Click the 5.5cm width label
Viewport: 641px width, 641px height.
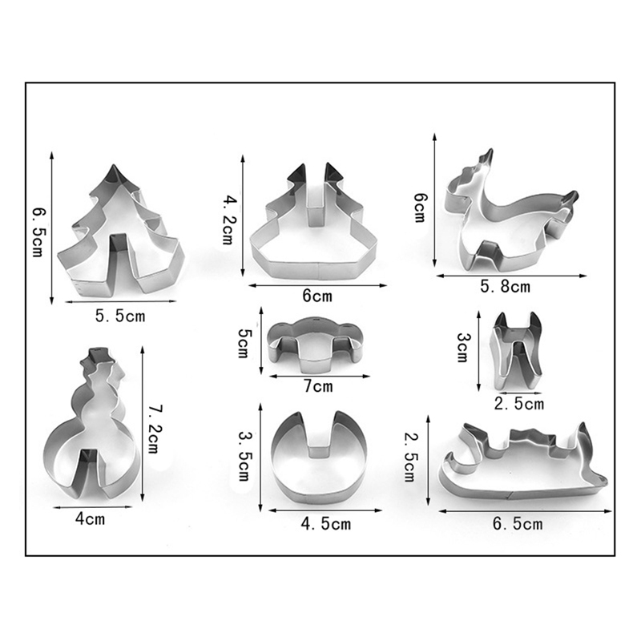coord(120,316)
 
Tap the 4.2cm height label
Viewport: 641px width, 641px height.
coord(228,220)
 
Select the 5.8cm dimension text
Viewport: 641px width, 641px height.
coord(506,287)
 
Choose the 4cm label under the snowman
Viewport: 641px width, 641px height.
coord(90,519)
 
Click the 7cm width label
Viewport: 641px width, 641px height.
coord(318,386)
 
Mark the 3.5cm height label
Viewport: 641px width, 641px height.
coord(244,456)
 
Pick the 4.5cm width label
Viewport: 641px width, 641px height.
coord(326,524)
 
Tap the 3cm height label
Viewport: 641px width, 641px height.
coord(463,348)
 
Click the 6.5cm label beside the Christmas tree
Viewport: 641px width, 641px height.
coord(38,232)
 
